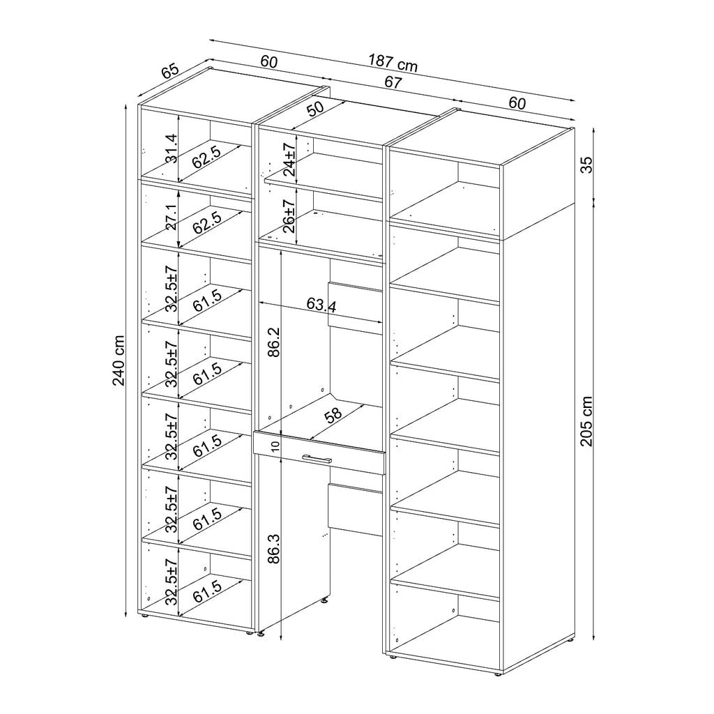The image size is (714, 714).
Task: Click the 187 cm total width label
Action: [x=393, y=63]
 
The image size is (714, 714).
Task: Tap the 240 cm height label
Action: [x=119, y=360]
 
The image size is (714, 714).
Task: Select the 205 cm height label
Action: [x=586, y=421]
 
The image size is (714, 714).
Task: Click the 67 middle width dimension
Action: [x=393, y=82]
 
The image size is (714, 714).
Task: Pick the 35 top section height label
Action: [x=587, y=165]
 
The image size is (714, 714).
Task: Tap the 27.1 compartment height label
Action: [x=172, y=218]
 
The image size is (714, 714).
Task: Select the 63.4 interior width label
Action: [x=321, y=305]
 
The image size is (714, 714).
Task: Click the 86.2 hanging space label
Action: [x=273, y=342]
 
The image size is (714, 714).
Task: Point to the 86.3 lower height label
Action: [x=273, y=549]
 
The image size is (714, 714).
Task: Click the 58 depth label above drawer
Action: [x=333, y=416]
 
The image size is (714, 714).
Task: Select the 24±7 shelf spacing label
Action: [x=289, y=160]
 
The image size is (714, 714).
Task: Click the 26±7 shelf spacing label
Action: [x=289, y=216]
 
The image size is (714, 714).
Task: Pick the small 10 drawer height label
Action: [x=274, y=446]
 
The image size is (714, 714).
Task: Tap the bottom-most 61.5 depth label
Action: [x=207, y=591]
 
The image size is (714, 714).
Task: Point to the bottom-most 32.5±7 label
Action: [x=172, y=582]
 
